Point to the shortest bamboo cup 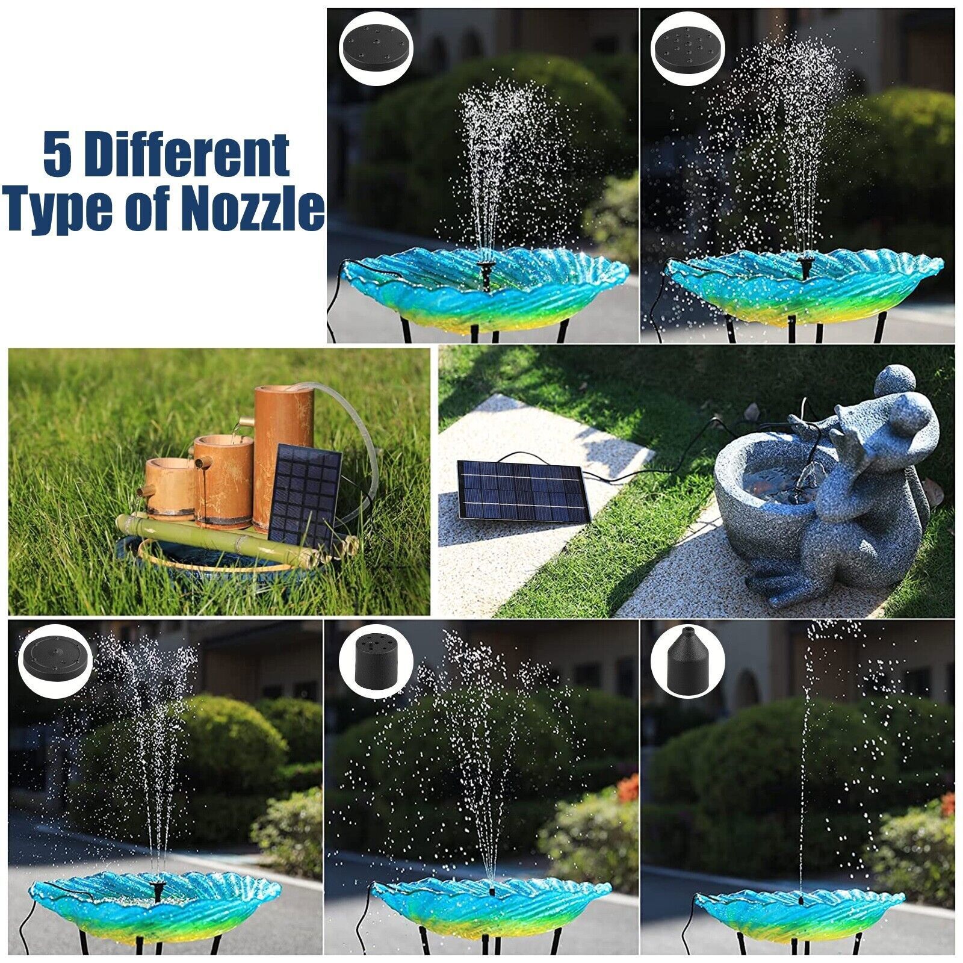click(170, 486)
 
